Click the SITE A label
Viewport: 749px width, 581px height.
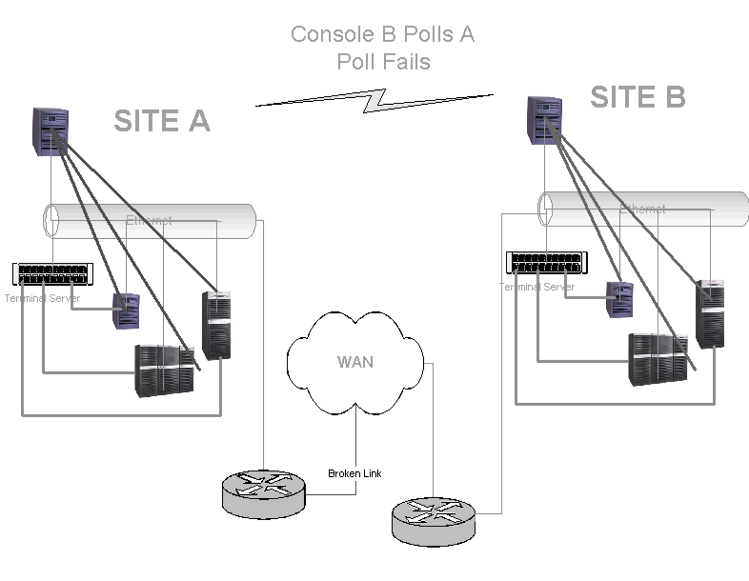(x=161, y=121)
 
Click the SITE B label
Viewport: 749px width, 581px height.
(x=638, y=97)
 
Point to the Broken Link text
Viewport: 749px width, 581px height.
(x=354, y=473)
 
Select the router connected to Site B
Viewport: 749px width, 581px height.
(x=434, y=519)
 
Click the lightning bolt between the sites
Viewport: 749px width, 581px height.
(x=374, y=99)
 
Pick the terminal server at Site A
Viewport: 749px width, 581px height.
(x=55, y=274)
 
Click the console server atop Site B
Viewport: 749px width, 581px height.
(x=544, y=118)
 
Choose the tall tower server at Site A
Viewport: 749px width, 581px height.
(x=217, y=325)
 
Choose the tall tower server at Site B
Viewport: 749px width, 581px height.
(x=710, y=313)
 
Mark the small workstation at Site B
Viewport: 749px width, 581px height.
(x=620, y=299)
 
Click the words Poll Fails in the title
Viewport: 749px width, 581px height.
(x=383, y=62)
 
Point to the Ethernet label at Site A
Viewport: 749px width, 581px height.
(x=149, y=220)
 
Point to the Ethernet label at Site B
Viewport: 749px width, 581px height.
(x=642, y=209)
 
